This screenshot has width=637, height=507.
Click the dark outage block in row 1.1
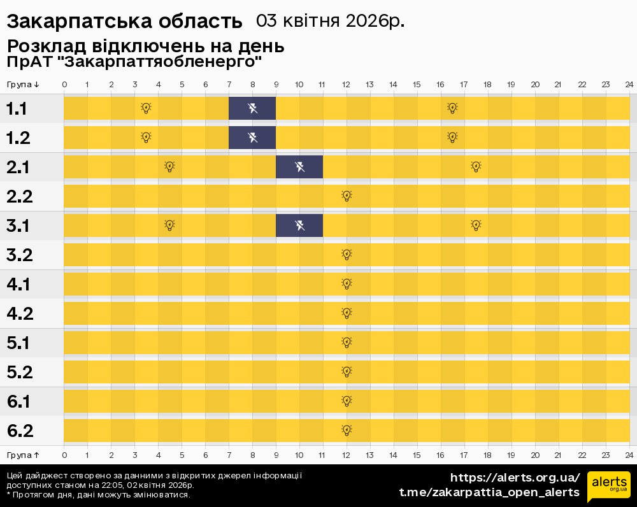tap(252, 108)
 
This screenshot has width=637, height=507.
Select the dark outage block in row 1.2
tap(252, 138)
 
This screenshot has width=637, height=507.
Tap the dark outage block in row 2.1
tap(299, 167)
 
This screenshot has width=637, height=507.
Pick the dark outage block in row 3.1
tap(299, 225)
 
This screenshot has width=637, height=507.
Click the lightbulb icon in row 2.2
tap(347, 196)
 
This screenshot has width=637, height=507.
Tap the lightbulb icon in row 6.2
tap(347, 431)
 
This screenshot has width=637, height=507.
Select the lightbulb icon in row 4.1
tap(347, 284)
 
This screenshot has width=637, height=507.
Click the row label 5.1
tap(20, 343)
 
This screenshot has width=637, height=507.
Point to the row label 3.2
tap(20, 255)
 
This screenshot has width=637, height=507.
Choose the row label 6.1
tap(20, 401)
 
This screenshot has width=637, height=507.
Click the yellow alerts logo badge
tap(608, 487)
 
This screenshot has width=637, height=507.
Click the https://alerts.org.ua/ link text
tap(515, 478)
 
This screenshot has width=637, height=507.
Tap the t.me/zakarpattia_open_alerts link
tap(489, 492)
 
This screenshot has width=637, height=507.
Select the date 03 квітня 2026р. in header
tap(330, 21)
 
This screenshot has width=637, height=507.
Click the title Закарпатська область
tap(125, 22)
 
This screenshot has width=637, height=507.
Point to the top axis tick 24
tap(629, 85)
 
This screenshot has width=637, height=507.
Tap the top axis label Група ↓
tap(23, 85)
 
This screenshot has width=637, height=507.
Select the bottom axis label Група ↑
tap(23, 455)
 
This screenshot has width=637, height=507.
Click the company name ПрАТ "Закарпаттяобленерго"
tap(134, 62)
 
